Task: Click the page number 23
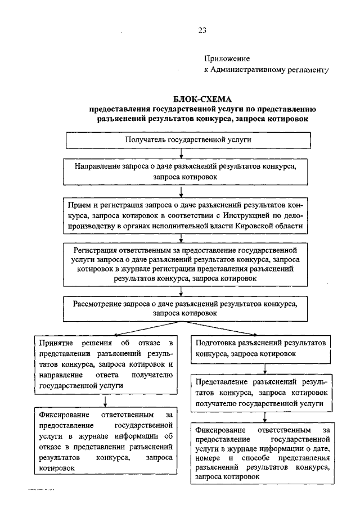(202, 31)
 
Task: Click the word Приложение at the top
(227, 58)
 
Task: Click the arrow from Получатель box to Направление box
(181, 153)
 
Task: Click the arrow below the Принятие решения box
(106, 400)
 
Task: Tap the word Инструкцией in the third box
(258, 215)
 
